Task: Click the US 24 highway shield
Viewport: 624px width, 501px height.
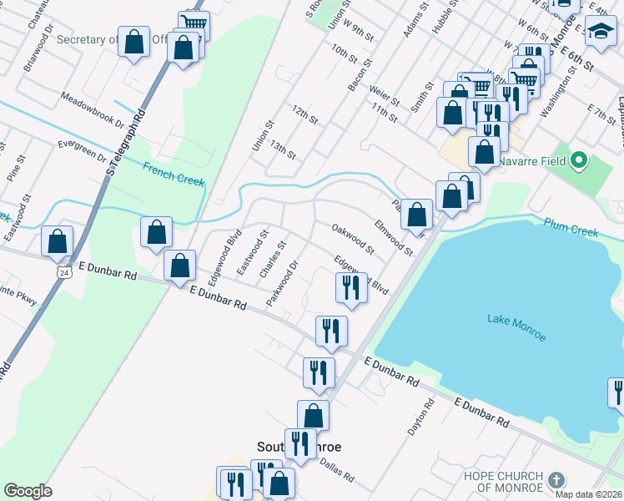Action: [64, 271]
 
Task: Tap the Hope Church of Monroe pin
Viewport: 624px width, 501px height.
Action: [556, 480]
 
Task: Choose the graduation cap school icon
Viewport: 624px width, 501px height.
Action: [599, 33]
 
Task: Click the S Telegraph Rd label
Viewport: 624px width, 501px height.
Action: [124, 139]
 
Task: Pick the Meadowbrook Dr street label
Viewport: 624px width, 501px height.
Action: [91, 110]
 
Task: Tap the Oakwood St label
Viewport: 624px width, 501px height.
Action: [352, 237]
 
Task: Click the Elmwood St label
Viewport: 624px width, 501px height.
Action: [393, 237]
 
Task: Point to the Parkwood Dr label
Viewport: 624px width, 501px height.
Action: [282, 284]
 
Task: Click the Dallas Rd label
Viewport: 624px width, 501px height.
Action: [337, 472]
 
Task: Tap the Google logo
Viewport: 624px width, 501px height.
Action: [28, 491]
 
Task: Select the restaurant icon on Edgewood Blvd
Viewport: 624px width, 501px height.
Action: [351, 287]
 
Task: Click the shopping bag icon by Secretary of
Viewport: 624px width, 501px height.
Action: [133, 41]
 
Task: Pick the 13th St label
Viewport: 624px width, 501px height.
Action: [283, 150]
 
